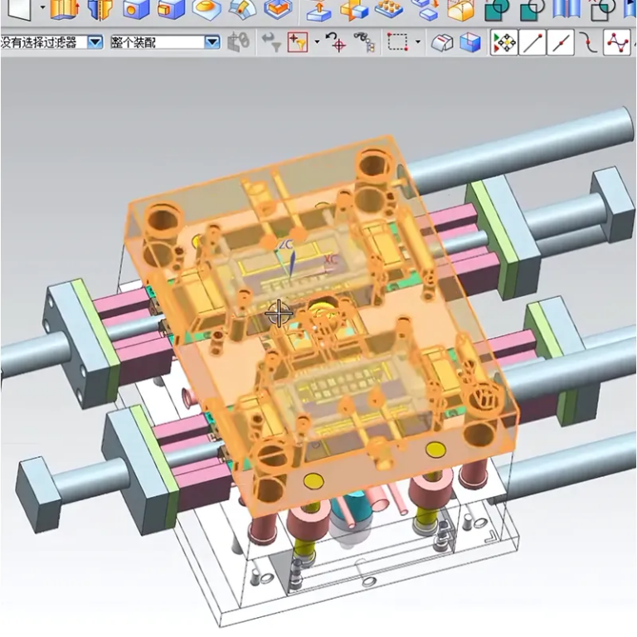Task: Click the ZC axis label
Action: tap(286, 246)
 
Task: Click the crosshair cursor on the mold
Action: tap(279, 314)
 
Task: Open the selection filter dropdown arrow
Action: tap(95, 41)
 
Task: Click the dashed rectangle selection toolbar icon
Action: tap(399, 41)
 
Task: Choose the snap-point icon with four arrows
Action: tap(503, 41)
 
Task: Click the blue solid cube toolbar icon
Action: tap(470, 41)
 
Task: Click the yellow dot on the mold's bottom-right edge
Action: tap(435, 450)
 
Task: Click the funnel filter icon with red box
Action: tap(297, 41)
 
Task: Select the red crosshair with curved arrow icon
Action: tap(335, 41)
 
